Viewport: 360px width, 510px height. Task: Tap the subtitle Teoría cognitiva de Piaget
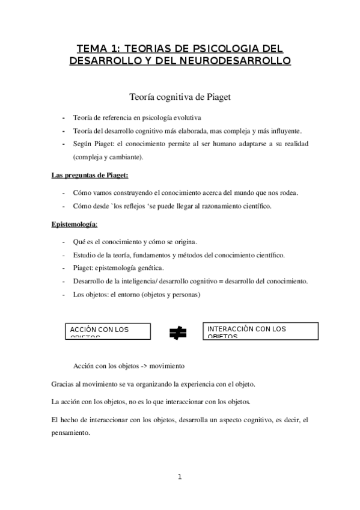click(x=180, y=96)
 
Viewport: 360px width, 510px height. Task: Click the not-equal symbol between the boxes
click(x=178, y=331)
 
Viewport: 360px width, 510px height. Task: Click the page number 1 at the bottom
click(x=180, y=477)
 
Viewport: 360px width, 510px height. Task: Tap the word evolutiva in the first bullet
click(x=185, y=117)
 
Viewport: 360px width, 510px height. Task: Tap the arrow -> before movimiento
click(x=137, y=365)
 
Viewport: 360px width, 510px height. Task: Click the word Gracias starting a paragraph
click(x=57, y=383)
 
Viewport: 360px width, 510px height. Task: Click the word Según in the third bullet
click(x=82, y=145)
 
